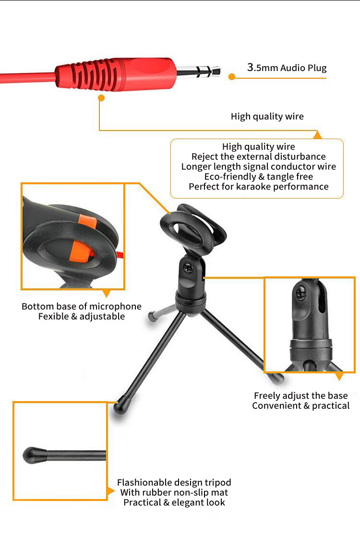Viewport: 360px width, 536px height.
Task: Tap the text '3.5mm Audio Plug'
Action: [287, 67]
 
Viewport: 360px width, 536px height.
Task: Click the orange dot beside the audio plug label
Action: [232, 76]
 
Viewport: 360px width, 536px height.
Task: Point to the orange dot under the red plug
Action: [101, 98]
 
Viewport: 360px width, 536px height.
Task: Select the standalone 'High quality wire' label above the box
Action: [267, 116]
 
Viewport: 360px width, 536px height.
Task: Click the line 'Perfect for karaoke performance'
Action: [258, 187]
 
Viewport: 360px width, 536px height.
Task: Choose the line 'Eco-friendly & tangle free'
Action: [258, 177]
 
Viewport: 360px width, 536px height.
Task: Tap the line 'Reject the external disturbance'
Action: [258, 156]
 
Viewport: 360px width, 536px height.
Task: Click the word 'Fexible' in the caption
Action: [54, 317]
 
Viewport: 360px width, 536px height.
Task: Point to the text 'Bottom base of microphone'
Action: [82, 306]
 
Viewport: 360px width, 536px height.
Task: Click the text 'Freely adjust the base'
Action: [301, 396]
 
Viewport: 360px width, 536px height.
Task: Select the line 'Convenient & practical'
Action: [301, 406]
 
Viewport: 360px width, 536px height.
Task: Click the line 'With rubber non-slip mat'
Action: [174, 492]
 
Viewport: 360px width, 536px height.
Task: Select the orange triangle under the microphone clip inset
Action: [106, 293]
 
